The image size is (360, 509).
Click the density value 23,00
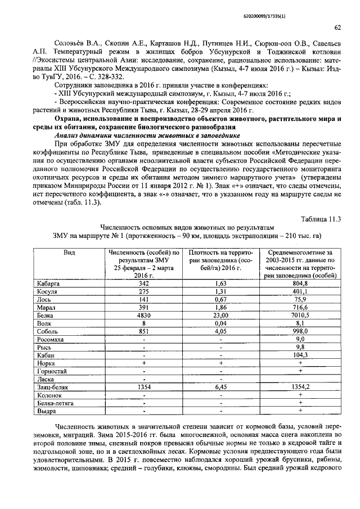(220, 317)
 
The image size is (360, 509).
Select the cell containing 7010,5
(300, 317)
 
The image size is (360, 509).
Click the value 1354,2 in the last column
(300, 387)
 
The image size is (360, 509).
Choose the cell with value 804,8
(300, 284)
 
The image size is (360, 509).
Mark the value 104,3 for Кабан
(300, 355)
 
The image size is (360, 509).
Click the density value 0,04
(220, 324)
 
